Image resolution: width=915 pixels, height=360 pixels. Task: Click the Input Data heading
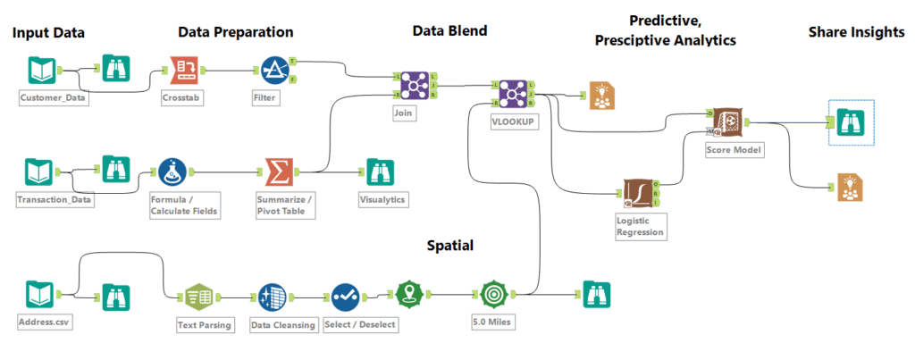point(48,34)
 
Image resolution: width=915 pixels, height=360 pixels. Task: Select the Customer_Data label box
point(54,98)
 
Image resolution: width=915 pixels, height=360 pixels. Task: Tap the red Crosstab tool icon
point(183,68)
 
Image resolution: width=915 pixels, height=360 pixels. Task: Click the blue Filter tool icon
point(273,69)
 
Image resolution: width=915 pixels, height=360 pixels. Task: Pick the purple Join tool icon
point(414,86)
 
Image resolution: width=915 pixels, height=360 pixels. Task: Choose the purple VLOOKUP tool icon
point(513,92)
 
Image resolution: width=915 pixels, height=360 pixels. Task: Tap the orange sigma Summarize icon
point(280,170)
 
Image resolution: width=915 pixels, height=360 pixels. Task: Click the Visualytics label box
point(382,198)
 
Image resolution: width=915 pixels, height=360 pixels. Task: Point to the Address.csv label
point(44,321)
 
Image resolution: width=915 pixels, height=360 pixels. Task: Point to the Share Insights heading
point(856,32)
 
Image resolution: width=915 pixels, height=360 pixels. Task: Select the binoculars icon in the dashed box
point(851,121)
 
